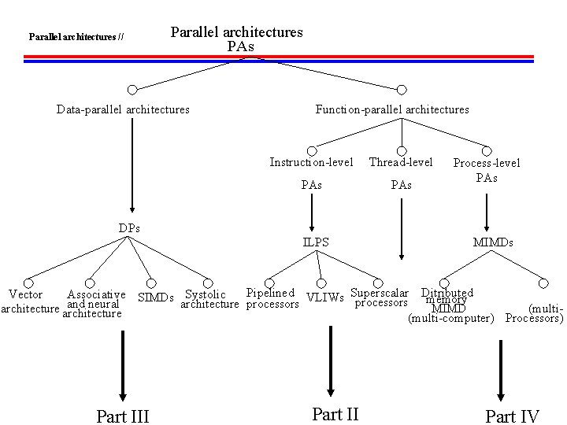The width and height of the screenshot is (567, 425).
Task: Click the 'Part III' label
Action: point(122,416)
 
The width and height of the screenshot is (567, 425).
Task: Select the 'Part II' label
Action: point(335,413)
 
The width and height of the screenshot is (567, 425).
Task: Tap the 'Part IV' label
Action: point(512,416)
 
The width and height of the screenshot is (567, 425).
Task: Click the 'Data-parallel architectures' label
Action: point(123,109)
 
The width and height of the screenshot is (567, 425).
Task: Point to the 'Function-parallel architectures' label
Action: point(392,109)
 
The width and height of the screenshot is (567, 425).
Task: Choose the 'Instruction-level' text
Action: point(311,162)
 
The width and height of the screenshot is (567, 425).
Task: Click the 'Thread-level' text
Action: point(401,162)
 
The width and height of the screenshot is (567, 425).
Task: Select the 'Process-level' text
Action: point(487,163)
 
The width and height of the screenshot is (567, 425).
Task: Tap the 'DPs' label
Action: point(130,228)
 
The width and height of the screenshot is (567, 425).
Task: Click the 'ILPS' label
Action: point(316,242)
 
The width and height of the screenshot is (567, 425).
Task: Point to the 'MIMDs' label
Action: point(492,242)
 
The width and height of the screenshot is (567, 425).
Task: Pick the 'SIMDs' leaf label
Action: point(155,297)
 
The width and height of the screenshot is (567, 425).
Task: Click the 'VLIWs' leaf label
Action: point(325,297)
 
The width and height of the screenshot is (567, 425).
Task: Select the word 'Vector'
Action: point(25,294)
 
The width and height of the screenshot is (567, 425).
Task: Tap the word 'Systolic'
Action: point(206,294)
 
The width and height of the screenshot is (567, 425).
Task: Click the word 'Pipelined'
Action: point(271,293)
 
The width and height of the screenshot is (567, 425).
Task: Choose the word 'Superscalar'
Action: point(380,293)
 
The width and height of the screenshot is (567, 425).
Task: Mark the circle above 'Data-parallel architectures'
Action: point(133,90)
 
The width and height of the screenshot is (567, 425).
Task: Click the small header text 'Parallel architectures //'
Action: point(76,36)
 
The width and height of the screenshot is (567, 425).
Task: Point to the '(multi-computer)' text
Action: point(450,319)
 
